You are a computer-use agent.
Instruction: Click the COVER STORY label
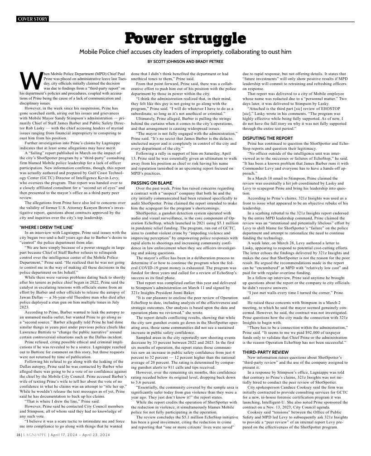click(x=32, y=19)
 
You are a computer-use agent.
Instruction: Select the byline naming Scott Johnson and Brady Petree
click(x=185, y=61)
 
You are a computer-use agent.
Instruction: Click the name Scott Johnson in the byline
click(x=172, y=61)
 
